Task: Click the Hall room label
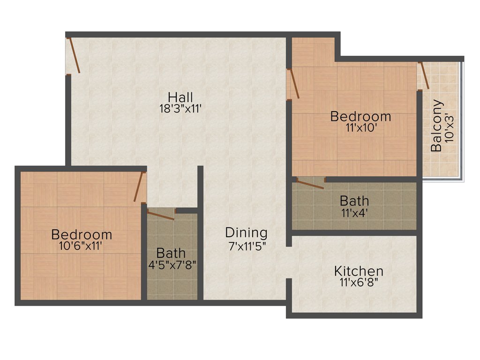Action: click(x=180, y=97)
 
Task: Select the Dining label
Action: click(x=246, y=232)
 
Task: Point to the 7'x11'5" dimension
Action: click(x=247, y=245)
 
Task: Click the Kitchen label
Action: click(x=359, y=271)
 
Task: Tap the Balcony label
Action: click(x=436, y=126)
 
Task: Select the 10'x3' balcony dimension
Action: click(x=450, y=127)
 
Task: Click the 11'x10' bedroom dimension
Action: click(x=360, y=127)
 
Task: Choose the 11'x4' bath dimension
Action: click(x=354, y=212)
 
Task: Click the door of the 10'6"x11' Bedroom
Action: click(x=139, y=187)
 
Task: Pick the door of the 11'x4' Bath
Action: click(x=310, y=183)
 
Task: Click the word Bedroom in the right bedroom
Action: click(x=360, y=116)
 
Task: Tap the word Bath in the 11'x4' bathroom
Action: click(x=354, y=201)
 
